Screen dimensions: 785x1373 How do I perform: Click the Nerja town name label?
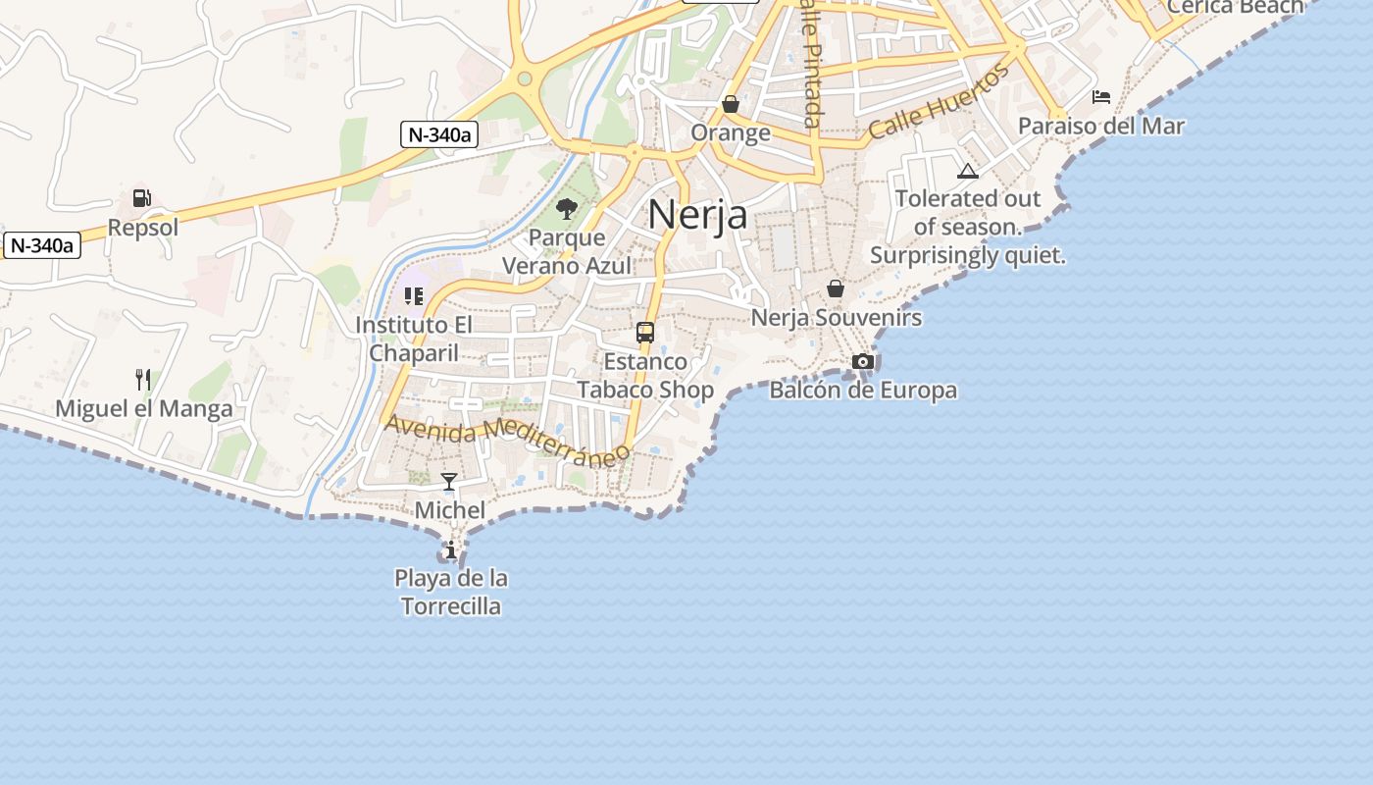pyautogui.click(x=697, y=215)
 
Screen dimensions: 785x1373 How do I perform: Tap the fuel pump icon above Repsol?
pyautogui.click(x=142, y=198)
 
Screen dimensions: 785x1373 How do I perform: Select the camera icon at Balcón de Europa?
pyautogui.click(x=863, y=361)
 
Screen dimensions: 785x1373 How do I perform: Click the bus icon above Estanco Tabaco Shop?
pyautogui.click(x=644, y=333)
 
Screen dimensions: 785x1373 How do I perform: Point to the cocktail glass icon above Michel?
pyautogui.click(x=449, y=481)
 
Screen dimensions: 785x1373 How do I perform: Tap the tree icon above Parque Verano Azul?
pyautogui.click(x=566, y=208)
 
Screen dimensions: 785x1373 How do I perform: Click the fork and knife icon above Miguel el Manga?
pyautogui.click(x=143, y=379)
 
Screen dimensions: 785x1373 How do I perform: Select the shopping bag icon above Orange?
pyautogui.click(x=731, y=103)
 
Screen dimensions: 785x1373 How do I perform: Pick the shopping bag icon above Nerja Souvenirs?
pyautogui.click(x=836, y=288)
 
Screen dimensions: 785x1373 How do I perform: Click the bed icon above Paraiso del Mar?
pyautogui.click(x=1101, y=96)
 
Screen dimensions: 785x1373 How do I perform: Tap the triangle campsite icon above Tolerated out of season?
pyautogui.click(x=968, y=171)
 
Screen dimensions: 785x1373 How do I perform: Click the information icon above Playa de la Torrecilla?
pyautogui.click(x=450, y=549)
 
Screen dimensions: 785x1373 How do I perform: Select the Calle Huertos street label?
pyautogui.click(x=939, y=101)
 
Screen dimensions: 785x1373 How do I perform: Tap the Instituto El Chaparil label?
pyautogui.click(x=414, y=339)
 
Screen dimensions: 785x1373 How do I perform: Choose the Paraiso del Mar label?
pyautogui.click(x=1100, y=127)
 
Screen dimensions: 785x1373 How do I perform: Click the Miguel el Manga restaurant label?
pyautogui.click(x=144, y=409)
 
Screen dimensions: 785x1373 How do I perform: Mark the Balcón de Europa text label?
pyautogui.click(x=863, y=391)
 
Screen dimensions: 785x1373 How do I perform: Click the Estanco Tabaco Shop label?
pyautogui.click(x=644, y=376)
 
